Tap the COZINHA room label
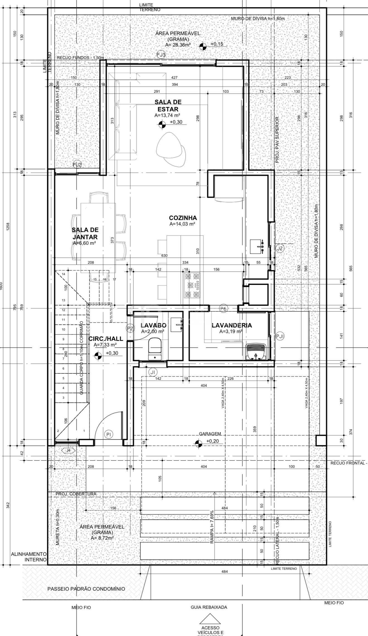pos(183,218)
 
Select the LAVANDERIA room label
pos(231,325)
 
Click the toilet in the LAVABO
pos(154,348)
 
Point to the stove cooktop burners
pos(192,285)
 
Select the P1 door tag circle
pos(108,434)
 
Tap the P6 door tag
pos(224,308)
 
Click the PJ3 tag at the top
pos(161,55)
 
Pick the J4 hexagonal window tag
pos(68,450)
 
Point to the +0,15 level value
pos(217,44)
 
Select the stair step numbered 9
pos(64,339)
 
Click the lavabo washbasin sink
pos(176,324)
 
